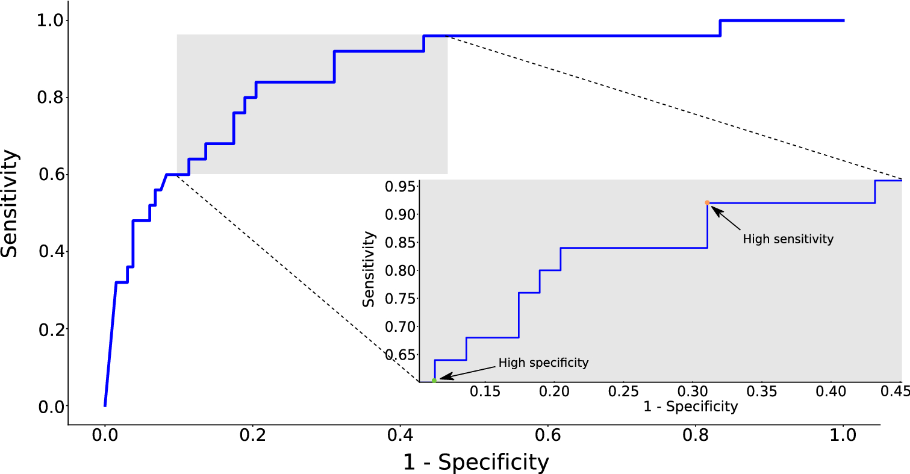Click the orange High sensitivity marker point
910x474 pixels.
(707, 203)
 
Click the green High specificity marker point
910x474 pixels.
(434, 380)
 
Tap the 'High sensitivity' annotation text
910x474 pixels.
(788, 239)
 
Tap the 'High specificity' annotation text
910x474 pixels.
(543, 363)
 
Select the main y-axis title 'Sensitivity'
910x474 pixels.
(10, 204)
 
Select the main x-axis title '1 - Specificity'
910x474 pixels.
(475, 463)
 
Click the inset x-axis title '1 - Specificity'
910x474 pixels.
(690, 407)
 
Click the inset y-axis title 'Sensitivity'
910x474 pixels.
(369, 269)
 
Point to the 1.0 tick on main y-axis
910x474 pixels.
(53, 20)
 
